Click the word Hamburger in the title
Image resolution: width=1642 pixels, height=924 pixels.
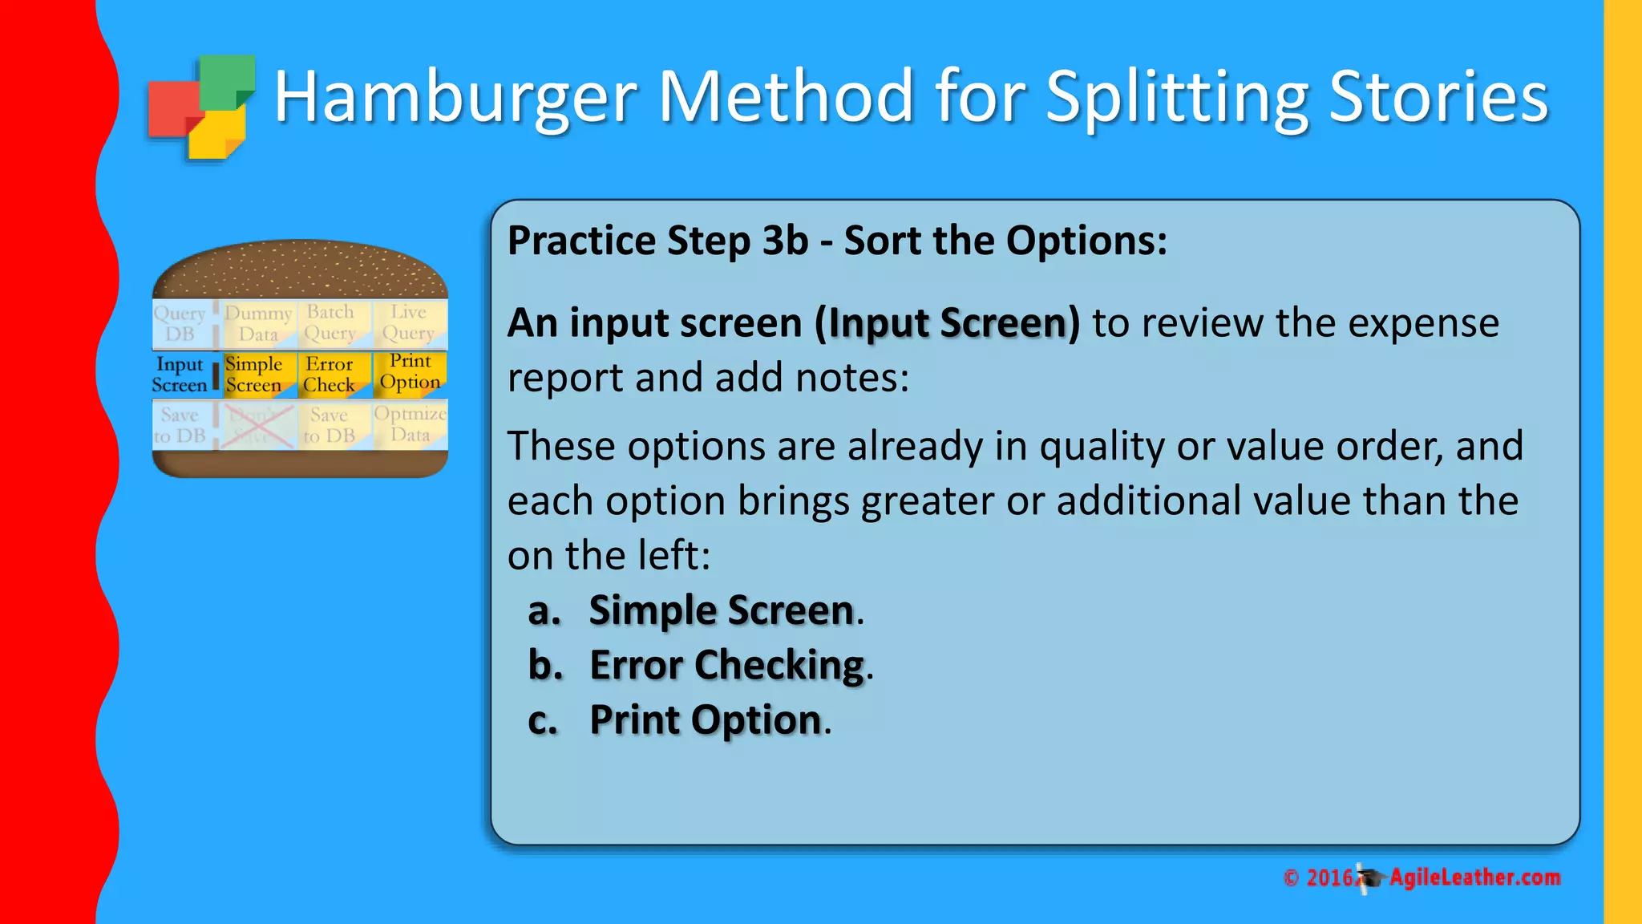455,97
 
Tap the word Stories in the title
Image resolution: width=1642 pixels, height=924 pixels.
1438,97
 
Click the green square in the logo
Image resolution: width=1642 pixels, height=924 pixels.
227,80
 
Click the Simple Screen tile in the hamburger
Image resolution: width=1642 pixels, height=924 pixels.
253,375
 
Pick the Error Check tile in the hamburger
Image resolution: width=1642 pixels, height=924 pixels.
330,375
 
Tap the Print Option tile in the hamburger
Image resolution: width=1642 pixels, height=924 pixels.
410,372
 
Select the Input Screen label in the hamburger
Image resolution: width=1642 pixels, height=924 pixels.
180,375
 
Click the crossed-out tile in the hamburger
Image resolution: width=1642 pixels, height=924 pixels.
257,426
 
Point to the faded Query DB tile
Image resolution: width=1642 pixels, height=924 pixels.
180,323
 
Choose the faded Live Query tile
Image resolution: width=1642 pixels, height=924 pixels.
409,322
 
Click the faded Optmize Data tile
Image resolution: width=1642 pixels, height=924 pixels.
410,424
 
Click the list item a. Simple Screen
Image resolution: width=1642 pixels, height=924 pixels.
696,610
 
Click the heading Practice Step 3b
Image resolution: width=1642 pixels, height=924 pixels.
837,241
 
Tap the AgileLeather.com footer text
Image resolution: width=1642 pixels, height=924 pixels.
1474,877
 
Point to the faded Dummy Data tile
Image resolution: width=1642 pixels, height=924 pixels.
257,323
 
